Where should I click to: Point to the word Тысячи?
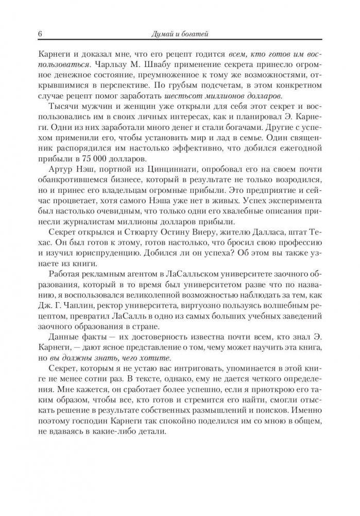pyautogui.click(x=63, y=108)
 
